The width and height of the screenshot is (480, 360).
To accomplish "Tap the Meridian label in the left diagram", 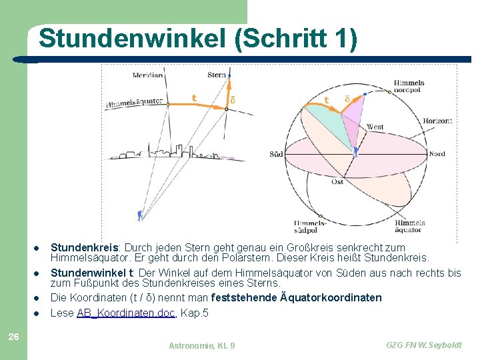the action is (147, 75).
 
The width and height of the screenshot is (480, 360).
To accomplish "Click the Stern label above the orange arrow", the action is (217, 75).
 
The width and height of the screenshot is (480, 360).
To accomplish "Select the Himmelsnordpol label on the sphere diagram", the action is (409, 87).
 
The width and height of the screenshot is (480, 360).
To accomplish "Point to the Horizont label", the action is (437, 121).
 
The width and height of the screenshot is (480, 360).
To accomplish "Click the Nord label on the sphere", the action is (437, 154).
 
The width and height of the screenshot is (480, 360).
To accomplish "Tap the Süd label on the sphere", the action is (276, 154).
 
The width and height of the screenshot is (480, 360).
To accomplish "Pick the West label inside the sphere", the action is (375, 127).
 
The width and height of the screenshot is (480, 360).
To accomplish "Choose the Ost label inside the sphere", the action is (337, 181).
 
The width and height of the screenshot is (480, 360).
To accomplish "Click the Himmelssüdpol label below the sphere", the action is (310, 227).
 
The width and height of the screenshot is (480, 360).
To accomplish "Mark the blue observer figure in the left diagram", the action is (139, 215).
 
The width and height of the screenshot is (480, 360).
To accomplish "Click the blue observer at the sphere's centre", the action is (356, 152).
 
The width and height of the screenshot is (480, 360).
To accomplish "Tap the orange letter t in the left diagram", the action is (194, 98).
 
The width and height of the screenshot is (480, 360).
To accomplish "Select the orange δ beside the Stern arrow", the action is (232, 100).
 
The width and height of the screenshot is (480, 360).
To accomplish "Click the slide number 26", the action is (13, 337).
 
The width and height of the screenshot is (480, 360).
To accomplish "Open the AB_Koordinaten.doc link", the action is (126, 313).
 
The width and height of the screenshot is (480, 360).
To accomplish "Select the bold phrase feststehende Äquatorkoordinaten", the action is (296, 297).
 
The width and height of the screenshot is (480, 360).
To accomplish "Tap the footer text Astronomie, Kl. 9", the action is (201, 345).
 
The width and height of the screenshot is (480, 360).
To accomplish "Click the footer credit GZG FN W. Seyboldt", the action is (423, 345).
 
